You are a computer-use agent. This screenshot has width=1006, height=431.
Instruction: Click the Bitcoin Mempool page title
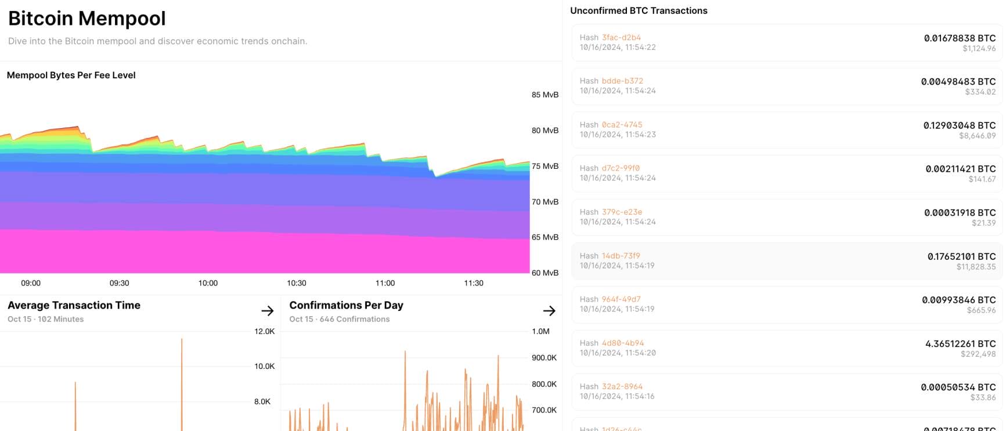click(87, 19)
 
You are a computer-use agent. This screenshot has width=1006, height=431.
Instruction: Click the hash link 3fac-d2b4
click(621, 38)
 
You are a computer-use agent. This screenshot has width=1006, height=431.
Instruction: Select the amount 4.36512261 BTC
click(960, 344)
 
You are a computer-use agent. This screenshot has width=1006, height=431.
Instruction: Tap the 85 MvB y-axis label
click(545, 95)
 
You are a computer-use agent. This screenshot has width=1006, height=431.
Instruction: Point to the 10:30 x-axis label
click(297, 283)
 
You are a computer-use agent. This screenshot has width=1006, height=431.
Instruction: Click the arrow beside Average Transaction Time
click(267, 311)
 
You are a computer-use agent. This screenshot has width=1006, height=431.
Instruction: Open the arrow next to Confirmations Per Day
click(549, 311)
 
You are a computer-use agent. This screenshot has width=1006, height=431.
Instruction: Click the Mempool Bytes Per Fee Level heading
click(71, 75)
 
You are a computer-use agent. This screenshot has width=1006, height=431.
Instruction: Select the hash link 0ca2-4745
click(622, 125)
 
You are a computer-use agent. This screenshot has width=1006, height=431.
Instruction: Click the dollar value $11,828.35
click(976, 267)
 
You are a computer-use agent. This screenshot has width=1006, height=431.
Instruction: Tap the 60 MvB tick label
click(545, 273)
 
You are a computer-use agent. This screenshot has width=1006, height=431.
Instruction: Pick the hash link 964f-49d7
click(621, 299)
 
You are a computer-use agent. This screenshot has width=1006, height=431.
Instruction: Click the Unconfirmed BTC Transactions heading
click(639, 11)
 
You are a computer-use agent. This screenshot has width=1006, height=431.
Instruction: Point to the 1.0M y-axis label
click(540, 332)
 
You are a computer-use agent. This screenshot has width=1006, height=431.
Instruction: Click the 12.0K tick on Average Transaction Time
click(264, 332)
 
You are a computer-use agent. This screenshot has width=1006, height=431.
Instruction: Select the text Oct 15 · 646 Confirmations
click(340, 319)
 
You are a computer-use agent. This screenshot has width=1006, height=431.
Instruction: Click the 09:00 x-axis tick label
click(31, 283)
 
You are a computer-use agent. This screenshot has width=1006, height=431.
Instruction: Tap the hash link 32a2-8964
click(622, 387)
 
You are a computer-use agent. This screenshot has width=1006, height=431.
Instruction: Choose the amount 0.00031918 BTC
click(960, 213)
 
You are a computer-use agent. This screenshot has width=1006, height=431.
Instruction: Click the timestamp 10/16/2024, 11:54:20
click(618, 353)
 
